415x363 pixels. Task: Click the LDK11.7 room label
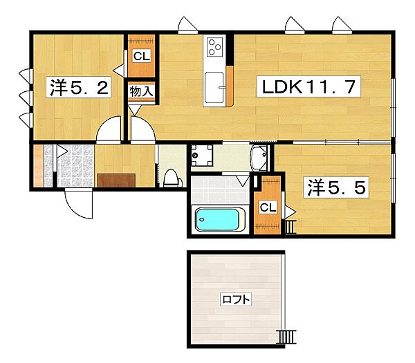[308, 86]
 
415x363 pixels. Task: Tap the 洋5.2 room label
[79, 87]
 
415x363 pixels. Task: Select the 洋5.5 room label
[336, 187]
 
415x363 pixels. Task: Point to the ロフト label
[236, 299]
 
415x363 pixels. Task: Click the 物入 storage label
[142, 91]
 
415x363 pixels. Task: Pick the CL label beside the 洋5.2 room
[142, 56]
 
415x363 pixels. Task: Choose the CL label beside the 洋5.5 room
[268, 207]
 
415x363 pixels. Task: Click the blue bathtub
[218, 220]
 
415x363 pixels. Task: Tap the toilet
[172, 178]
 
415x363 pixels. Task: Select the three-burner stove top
[214, 47]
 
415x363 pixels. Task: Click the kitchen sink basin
[214, 88]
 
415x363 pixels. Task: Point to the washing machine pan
[202, 156]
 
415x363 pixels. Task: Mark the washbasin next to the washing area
[259, 158]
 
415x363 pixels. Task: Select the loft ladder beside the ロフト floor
[286, 337]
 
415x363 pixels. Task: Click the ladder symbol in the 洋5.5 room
[291, 227]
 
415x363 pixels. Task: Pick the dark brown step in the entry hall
[116, 180]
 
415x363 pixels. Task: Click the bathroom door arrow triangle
[243, 181]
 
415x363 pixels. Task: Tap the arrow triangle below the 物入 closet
[134, 110]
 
